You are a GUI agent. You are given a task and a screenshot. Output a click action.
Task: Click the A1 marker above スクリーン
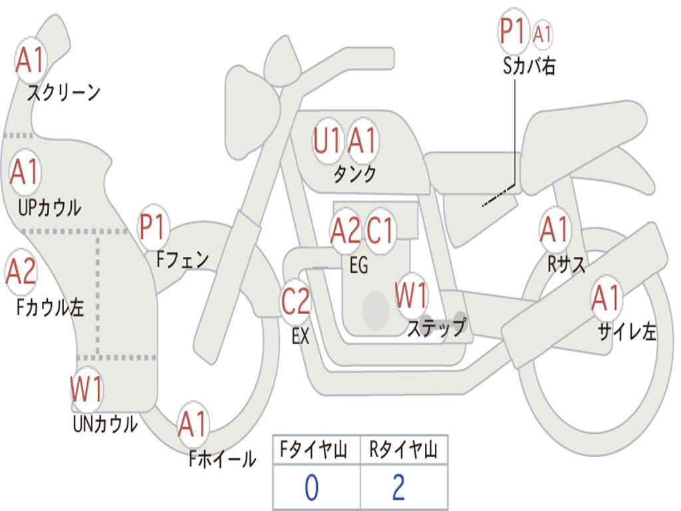tap(30, 61)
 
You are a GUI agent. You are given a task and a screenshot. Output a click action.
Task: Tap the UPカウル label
tap(49, 207)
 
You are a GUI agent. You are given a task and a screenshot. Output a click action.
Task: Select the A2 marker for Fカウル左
tap(21, 273)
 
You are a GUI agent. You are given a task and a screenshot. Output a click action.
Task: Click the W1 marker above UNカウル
tap(86, 389)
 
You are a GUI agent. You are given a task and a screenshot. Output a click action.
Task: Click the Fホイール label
tap(222, 458)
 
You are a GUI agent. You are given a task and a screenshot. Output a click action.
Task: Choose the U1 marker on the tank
tap(327, 141)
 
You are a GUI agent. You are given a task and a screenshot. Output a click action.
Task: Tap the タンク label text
tap(354, 174)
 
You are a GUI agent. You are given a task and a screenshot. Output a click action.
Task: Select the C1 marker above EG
tap(381, 231)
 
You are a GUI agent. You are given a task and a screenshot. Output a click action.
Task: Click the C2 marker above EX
tap(295, 303)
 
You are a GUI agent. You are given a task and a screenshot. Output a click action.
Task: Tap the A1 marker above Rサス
tap(555, 230)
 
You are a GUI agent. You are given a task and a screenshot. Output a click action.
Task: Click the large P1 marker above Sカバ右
tap(513, 31)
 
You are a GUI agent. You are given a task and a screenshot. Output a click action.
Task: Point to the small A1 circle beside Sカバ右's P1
tap(543, 34)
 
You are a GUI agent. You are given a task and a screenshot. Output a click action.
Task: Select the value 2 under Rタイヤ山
tap(399, 488)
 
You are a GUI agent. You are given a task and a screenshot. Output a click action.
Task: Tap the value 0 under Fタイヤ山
tap(311, 488)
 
